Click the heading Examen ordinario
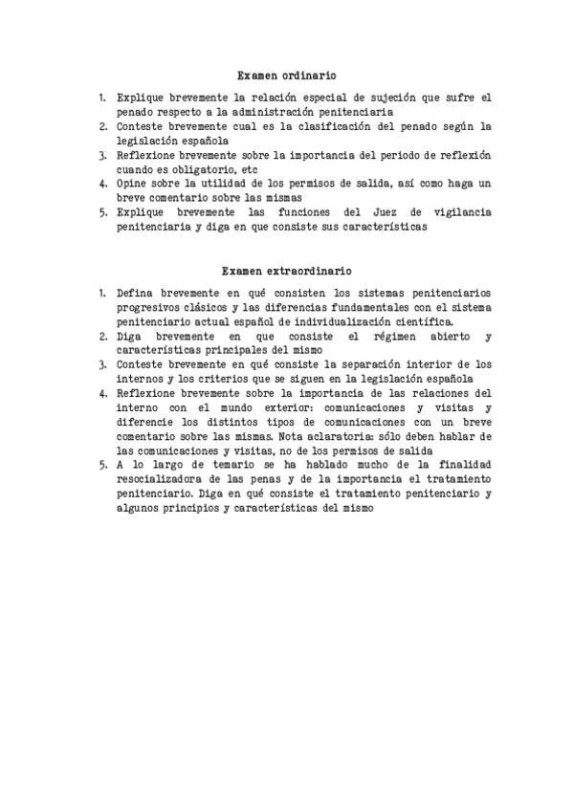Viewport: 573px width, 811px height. point(287,75)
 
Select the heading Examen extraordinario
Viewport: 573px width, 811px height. point(287,271)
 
